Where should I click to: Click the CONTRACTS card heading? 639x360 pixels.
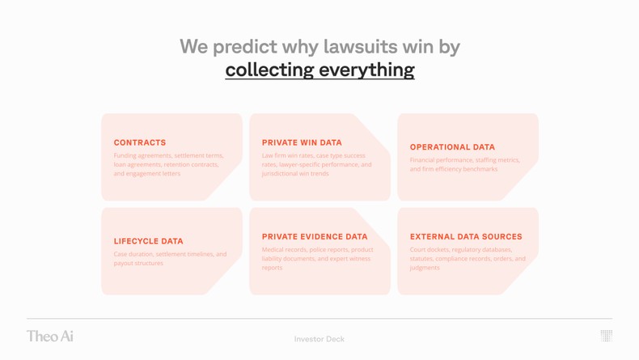[x=140, y=142]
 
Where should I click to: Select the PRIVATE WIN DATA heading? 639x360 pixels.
[x=302, y=142]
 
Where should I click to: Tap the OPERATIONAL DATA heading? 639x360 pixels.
[x=452, y=147]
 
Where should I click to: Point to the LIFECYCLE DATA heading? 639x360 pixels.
[x=148, y=241]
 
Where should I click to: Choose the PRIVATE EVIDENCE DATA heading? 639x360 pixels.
[x=315, y=237]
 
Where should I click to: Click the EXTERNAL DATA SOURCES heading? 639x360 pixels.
[x=466, y=237]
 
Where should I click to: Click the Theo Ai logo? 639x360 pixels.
[x=49, y=336]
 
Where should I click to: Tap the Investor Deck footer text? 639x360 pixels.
[x=319, y=339]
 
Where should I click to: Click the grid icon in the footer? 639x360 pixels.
[x=606, y=336]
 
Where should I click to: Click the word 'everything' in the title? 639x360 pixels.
[x=371, y=70]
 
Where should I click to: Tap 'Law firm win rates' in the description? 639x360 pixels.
[x=288, y=155]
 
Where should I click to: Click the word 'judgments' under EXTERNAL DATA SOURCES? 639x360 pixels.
[x=425, y=268]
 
